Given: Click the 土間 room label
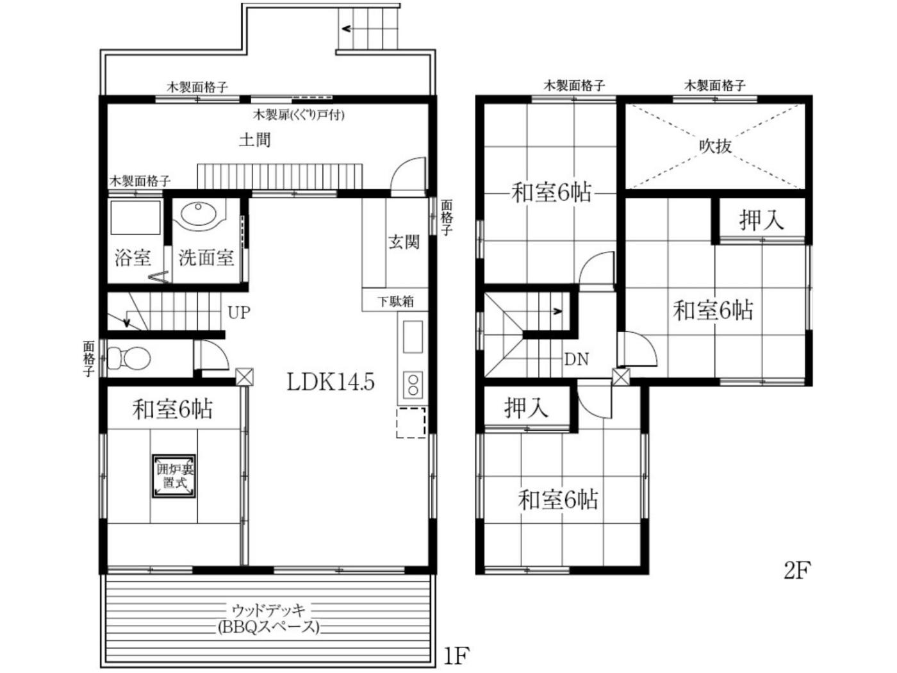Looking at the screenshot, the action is pyautogui.click(x=254, y=140).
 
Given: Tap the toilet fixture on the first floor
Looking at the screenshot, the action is pyautogui.click(x=129, y=358).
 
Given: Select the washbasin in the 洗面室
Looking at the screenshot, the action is pyautogui.click(x=198, y=213).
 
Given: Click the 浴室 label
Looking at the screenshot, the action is pyautogui.click(x=133, y=258).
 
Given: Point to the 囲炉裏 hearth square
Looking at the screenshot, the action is pyautogui.click(x=174, y=476).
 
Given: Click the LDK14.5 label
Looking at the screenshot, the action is pyautogui.click(x=330, y=382).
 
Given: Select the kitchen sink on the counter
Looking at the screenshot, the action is pyautogui.click(x=413, y=336).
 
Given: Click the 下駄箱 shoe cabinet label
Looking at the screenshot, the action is pyautogui.click(x=395, y=301).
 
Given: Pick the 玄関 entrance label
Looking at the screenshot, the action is pyautogui.click(x=404, y=242).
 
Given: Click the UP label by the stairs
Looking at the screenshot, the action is pyautogui.click(x=238, y=313).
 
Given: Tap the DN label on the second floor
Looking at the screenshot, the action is pyautogui.click(x=576, y=360).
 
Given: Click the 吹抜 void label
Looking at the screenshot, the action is pyautogui.click(x=715, y=146).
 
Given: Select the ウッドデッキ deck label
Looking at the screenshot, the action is pyautogui.click(x=268, y=610).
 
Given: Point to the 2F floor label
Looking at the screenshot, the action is pyautogui.click(x=797, y=571).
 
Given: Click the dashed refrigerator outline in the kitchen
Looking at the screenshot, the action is pyautogui.click(x=411, y=422).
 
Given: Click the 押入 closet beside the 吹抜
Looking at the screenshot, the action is pyautogui.click(x=761, y=220).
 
